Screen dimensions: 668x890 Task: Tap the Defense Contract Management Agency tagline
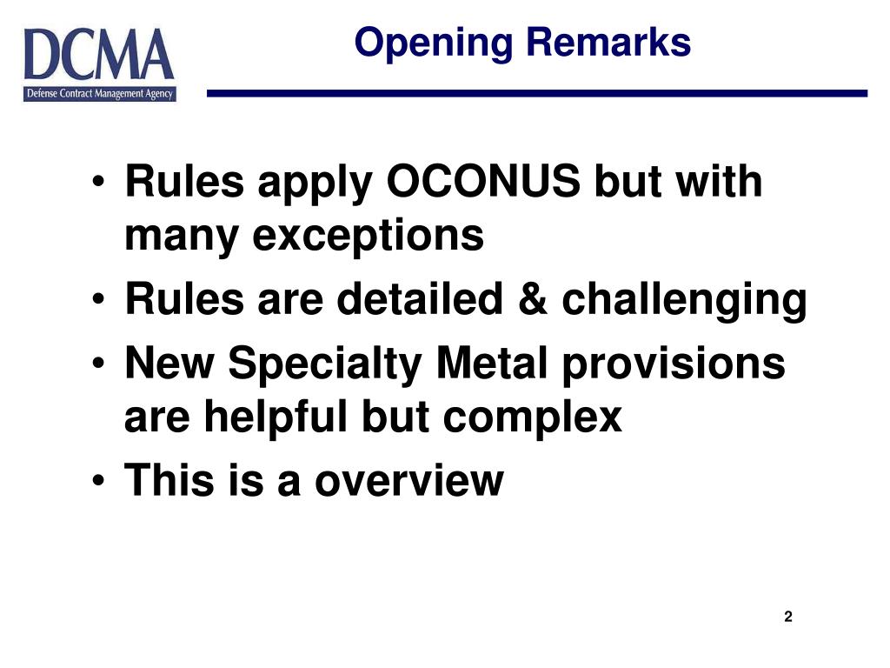tap(99, 94)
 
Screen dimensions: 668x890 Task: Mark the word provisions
tap(674, 364)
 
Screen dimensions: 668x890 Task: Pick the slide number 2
tap(788, 618)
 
